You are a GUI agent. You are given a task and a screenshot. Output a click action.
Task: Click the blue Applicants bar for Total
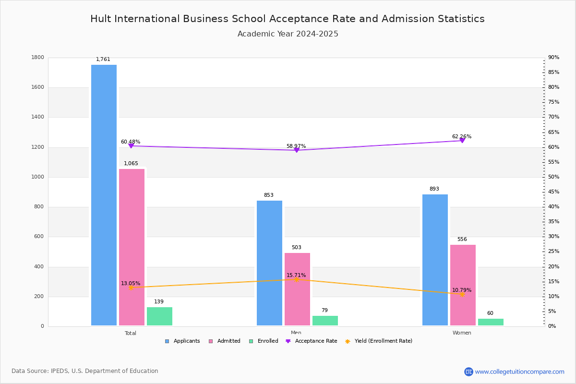(x=104, y=195)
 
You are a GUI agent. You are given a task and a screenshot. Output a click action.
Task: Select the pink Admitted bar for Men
(x=297, y=289)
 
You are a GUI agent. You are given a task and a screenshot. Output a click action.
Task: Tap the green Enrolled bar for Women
(x=491, y=322)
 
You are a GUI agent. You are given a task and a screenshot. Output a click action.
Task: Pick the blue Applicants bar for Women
(x=435, y=260)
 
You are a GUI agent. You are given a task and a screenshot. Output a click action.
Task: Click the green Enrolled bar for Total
(x=159, y=316)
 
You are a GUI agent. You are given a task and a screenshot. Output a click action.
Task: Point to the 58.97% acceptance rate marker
(x=297, y=150)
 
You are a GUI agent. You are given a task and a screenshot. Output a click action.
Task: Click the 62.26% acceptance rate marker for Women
(x=462, y=141)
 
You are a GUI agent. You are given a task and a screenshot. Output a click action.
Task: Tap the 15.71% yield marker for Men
(x=297, y=279)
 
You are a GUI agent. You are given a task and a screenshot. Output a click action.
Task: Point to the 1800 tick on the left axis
(x=38, y=58)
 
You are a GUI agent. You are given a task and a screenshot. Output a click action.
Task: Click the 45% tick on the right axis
(x=553, y=192)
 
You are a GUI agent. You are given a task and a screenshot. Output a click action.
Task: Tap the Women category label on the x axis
(x=462, y=333)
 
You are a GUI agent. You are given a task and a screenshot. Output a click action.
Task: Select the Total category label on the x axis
(x=131, y=333)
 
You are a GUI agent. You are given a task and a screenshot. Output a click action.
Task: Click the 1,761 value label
(x=103, y=60)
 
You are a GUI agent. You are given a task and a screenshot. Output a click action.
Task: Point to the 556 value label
(x=462, y=240)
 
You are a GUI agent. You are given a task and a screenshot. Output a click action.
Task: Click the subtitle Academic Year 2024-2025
(x=288, y=34)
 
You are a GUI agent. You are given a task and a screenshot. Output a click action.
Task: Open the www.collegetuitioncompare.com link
(x=519, y=372)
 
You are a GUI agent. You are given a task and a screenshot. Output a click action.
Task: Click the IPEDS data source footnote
(x=85, y=371)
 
